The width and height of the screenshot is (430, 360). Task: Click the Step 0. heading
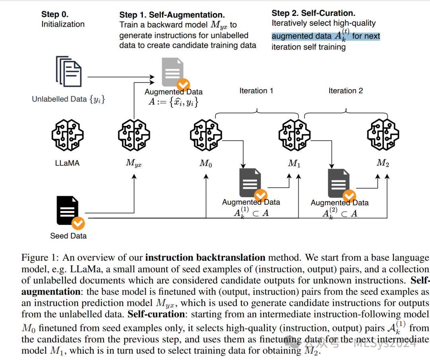[55, 14]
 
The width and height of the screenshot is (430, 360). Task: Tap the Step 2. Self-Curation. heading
[313, 13]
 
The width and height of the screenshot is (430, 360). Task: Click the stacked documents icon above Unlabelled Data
[69, 71]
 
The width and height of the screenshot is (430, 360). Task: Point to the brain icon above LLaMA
[67, 135]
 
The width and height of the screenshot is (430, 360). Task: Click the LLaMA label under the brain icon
[67, 162]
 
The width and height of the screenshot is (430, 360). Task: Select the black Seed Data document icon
[68, 210]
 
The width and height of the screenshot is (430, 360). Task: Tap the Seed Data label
[68, 236]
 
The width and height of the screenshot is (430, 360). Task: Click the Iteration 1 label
[256, 91]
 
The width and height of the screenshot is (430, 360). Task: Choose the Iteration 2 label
[346, 91]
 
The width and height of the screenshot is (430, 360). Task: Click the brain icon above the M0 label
[205, 135]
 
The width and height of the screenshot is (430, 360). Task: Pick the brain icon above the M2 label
[383, 135]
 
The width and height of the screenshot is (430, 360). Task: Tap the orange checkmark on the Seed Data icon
[78, 223]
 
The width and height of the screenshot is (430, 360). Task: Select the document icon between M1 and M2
[339, 183]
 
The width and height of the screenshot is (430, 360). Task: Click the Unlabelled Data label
[68, 99]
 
